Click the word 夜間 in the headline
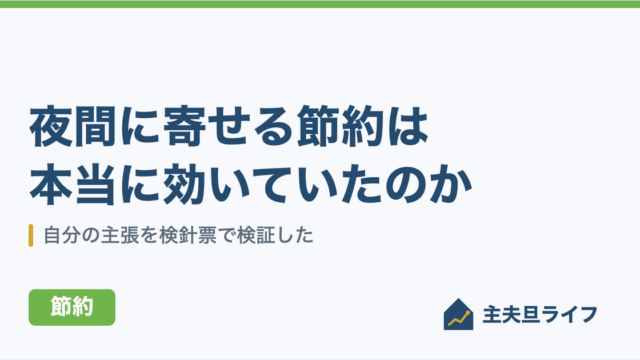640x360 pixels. click(x=72, y=126)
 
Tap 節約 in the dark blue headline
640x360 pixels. click(x=340, y=126)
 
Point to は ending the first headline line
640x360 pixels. click(x=407, y=126)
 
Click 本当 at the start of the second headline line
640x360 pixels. click(x=72, y=184)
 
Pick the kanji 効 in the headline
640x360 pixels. click(x=184, y=184)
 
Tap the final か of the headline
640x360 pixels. click(x=451, y=184)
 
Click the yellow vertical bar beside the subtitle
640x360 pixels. click(x=31, y=236)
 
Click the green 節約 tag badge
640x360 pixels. click(x=72, y=307)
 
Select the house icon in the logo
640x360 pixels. click(x=458, y=314)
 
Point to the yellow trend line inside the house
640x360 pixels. click(x=459, y=319)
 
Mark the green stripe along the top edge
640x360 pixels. click(x=320, y=4)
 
